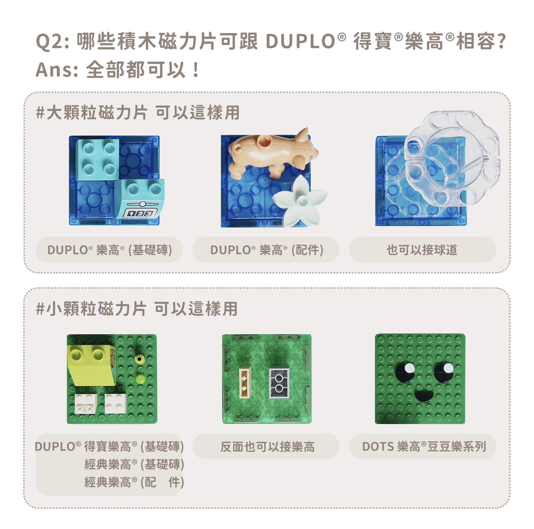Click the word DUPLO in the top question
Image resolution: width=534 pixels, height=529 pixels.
(300, 41)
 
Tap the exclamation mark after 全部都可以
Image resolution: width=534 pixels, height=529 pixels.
(196, 70)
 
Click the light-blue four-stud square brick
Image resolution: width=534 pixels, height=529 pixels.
(98, 159)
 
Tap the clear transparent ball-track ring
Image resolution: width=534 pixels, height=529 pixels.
(452, 158)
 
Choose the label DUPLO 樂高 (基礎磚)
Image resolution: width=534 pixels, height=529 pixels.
(109, 250)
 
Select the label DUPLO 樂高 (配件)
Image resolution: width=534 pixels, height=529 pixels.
(266, 250)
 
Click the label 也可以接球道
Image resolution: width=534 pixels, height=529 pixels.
(422, 250)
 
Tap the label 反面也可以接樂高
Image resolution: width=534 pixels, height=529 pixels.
(267, 447)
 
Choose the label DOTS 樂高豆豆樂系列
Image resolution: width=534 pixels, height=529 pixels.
(423, 447)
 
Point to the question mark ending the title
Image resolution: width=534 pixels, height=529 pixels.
(502, 41)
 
